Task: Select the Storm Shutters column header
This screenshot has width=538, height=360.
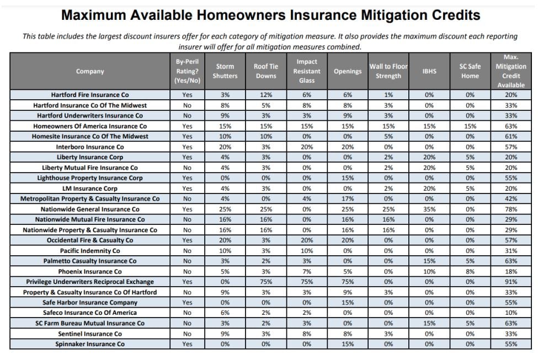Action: [x=225, y=71]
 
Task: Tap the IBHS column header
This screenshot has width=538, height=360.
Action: [x=429, y=71]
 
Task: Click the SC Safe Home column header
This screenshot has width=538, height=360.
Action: [x=470, y=71]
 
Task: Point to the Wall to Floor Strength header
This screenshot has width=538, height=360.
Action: [x=388, y=71]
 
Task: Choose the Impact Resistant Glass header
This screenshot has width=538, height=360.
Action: [x=307, y=71]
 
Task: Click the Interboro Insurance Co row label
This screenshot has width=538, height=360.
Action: [x=90, y=147]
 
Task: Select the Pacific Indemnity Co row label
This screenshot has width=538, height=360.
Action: [x=90, y=251]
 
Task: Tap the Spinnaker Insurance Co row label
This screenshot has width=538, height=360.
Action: [x=90, y=344]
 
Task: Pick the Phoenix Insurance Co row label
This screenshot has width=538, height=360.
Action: [x=90, y=272]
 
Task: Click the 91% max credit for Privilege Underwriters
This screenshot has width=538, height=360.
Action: [x=511, y=282]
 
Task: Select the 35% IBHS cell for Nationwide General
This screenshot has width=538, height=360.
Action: [x=429, y=209]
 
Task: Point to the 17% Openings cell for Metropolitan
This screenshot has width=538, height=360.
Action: [x=348, y=199]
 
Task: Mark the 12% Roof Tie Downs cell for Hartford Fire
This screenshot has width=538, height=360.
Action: [x=266, y=95]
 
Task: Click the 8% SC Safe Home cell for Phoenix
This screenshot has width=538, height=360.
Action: [x=470, y=272]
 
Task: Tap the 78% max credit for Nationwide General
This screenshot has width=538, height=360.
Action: [x=511, y=209]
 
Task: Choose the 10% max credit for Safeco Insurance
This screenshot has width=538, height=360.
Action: [x=511, y=313]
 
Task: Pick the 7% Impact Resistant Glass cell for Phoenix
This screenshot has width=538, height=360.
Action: [x=307, y=272]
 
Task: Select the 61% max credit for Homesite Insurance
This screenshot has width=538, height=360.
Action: [x=511, y=137]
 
